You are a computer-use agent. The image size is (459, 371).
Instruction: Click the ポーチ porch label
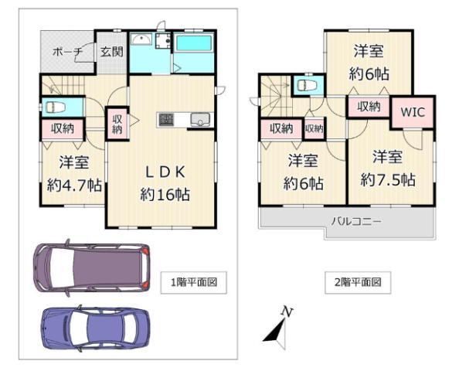(68, 52)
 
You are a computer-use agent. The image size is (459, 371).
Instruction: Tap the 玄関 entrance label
(111, 52)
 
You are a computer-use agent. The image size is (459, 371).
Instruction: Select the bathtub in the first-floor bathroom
(194, 43)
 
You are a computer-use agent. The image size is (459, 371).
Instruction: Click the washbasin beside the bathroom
(141, 39)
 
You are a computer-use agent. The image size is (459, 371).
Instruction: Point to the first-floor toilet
(55, 107)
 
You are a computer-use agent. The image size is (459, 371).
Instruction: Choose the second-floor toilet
(307, 86)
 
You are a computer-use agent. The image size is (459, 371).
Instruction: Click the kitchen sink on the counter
(200, 120)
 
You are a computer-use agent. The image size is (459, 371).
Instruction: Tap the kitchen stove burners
(166, 120)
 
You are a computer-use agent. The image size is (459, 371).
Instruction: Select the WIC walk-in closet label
(413, 112)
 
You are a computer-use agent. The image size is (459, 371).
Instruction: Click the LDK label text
(165, 172)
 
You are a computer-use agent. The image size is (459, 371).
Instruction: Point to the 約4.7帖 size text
(74, 185)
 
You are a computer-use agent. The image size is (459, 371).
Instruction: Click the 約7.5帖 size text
(388, 179)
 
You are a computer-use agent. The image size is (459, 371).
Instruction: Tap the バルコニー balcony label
(356, 221)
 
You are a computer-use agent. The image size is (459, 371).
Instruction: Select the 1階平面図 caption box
(194, 283)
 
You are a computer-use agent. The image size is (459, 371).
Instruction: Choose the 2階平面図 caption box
(358, 283)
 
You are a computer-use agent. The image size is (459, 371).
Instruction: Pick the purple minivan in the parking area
(91, 267)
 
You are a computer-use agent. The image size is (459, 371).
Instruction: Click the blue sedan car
(96, 328)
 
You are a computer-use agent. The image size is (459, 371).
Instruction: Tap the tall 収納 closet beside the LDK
(117, 124)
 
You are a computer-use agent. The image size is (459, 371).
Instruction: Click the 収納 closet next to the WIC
(369, 107)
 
